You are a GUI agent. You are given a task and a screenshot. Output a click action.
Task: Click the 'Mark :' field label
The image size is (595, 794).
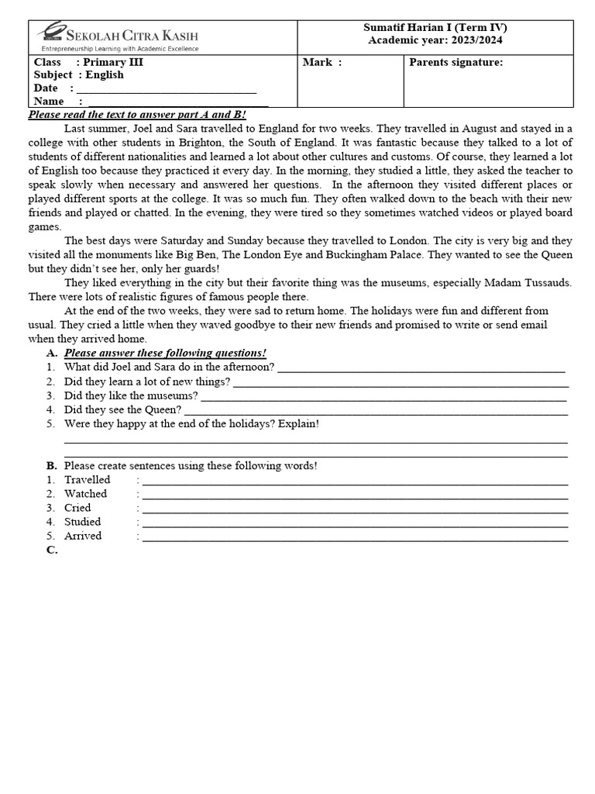[x=322, y=62]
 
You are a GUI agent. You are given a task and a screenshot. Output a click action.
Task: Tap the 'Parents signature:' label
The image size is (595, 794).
[x=456, y=62]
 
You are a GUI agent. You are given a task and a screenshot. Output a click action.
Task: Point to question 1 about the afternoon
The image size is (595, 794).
[x=169, y=367]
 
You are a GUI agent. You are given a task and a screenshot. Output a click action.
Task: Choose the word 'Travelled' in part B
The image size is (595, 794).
[x=88, y=479]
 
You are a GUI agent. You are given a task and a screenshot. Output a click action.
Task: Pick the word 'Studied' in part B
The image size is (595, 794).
[x=83, y=522]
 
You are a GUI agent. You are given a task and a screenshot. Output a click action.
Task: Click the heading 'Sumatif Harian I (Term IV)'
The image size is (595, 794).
[x=435, y=27]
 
